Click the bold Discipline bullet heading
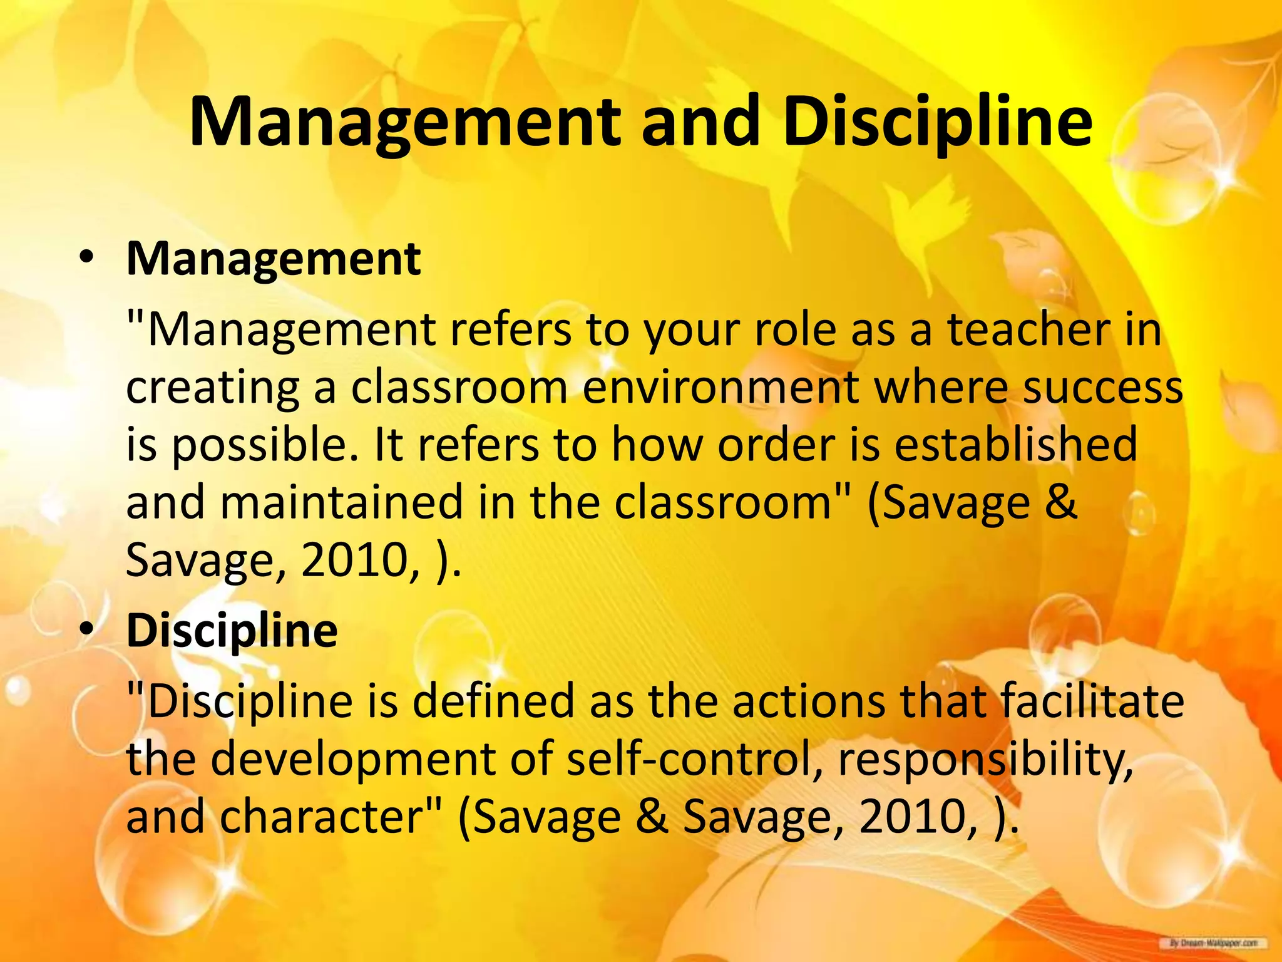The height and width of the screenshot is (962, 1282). [x=232, y=630]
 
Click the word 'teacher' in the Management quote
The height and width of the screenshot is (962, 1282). [x=1028, y=330]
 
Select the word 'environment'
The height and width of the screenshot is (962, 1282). [x=720, y=388]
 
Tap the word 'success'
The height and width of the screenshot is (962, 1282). [x=1103, y=388]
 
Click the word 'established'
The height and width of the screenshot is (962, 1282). [x=1015, y=445]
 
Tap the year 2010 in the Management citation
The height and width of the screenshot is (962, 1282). [x=354, y=560]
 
